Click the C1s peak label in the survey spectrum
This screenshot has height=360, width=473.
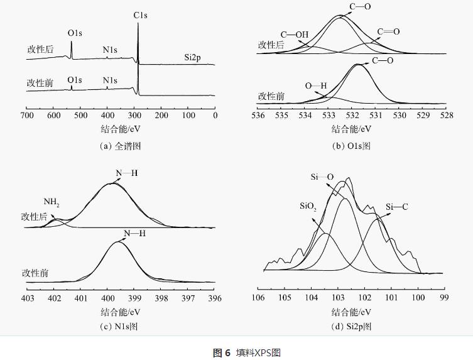[141, 13]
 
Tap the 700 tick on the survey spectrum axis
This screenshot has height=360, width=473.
[27, 116]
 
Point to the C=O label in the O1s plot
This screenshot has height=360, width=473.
[388, 31]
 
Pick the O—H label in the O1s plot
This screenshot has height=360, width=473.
[316, 86]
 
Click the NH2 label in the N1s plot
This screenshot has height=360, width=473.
[52, 202]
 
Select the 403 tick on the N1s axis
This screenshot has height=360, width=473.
[27, 298]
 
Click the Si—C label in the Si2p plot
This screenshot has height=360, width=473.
[397, 206]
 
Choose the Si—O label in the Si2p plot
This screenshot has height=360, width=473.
[322, 177]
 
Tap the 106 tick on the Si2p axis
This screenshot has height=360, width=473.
[257, 296]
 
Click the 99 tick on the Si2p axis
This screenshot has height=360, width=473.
[444, 296]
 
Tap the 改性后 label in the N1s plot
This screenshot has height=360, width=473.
[35, 217]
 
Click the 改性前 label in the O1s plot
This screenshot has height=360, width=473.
[271, 96]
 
